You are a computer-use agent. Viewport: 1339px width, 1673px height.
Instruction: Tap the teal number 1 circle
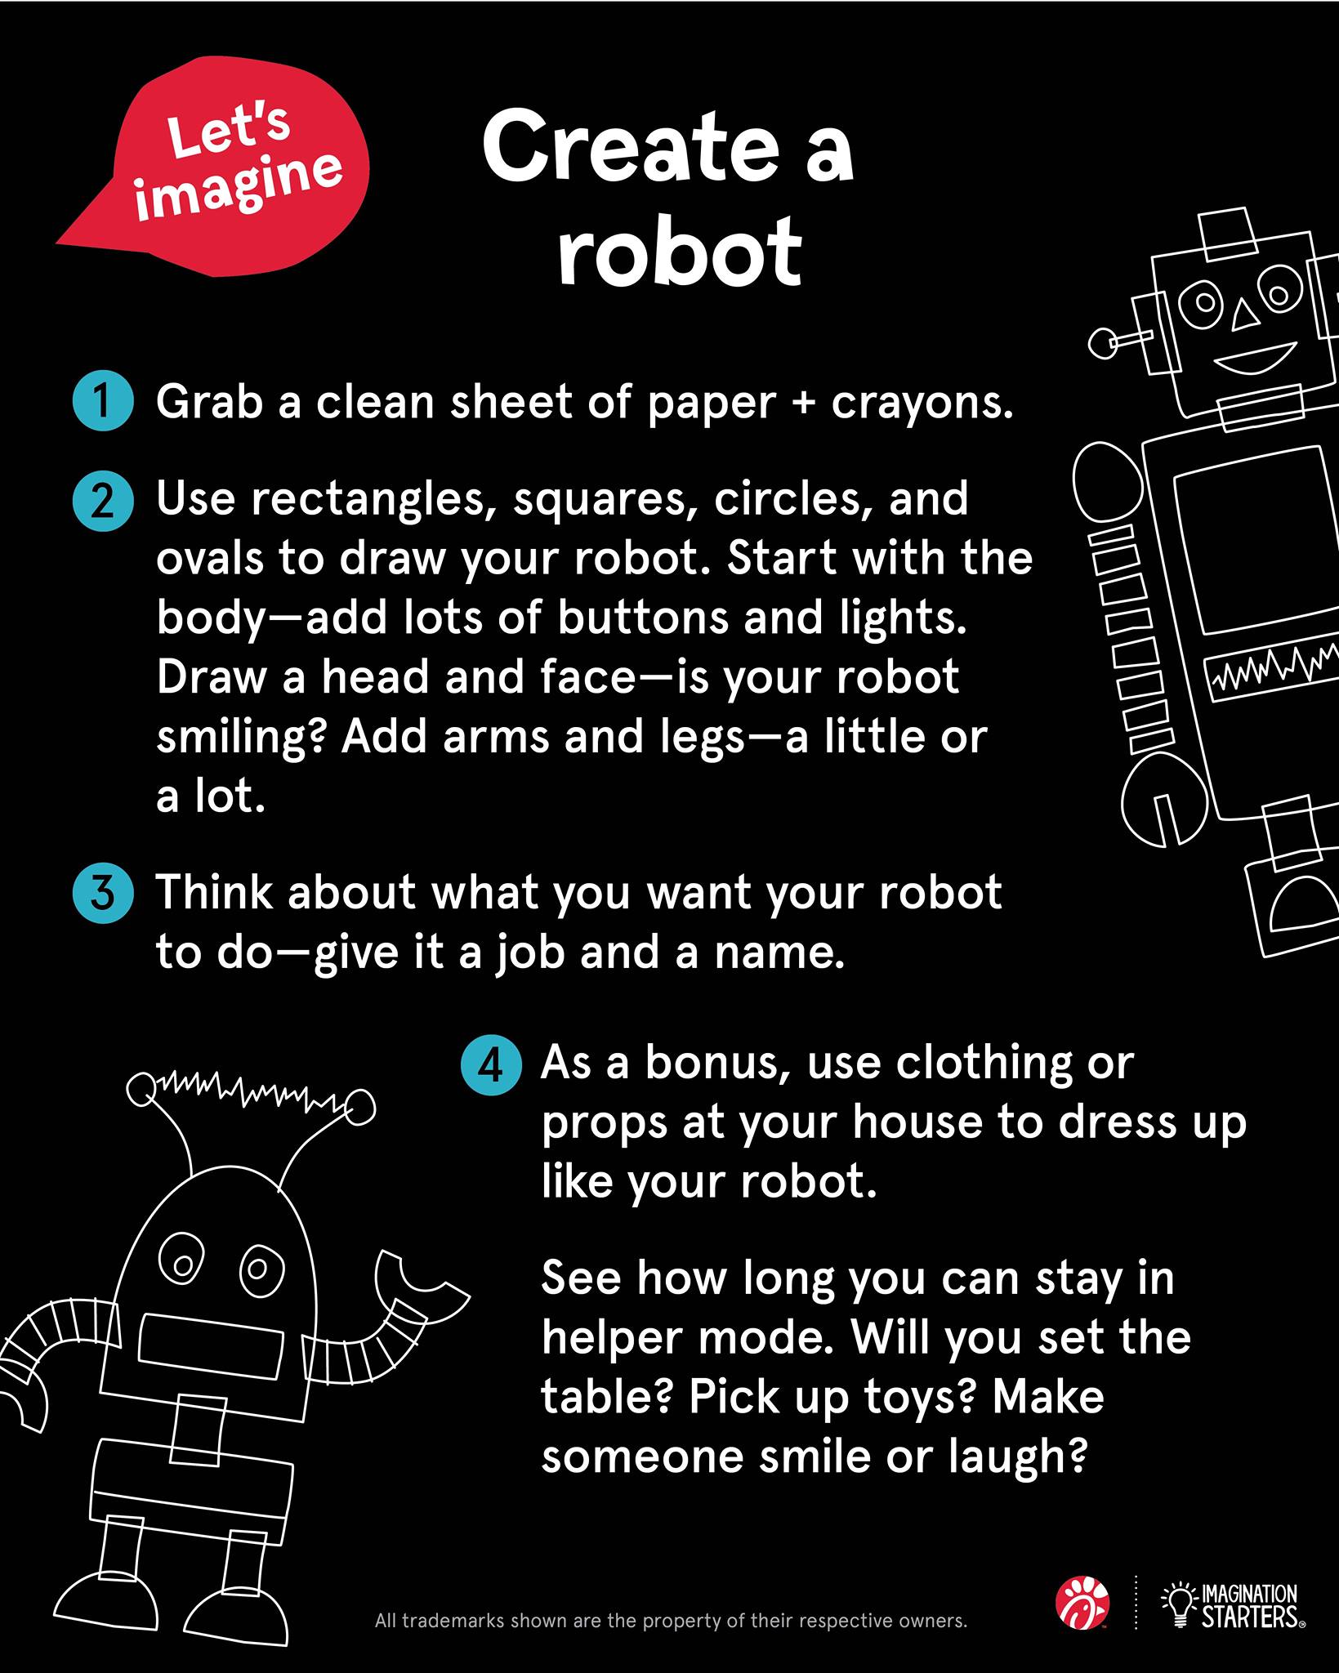[103, 402]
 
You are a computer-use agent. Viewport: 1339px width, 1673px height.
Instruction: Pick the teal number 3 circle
[103, 893]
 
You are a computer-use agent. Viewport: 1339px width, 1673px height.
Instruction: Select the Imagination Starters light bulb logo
[1233, 1604]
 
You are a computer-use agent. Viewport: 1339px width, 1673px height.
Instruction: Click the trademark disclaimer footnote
[671, 1621]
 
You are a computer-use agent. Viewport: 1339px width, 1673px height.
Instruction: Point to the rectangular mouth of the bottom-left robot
[211, 1343]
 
